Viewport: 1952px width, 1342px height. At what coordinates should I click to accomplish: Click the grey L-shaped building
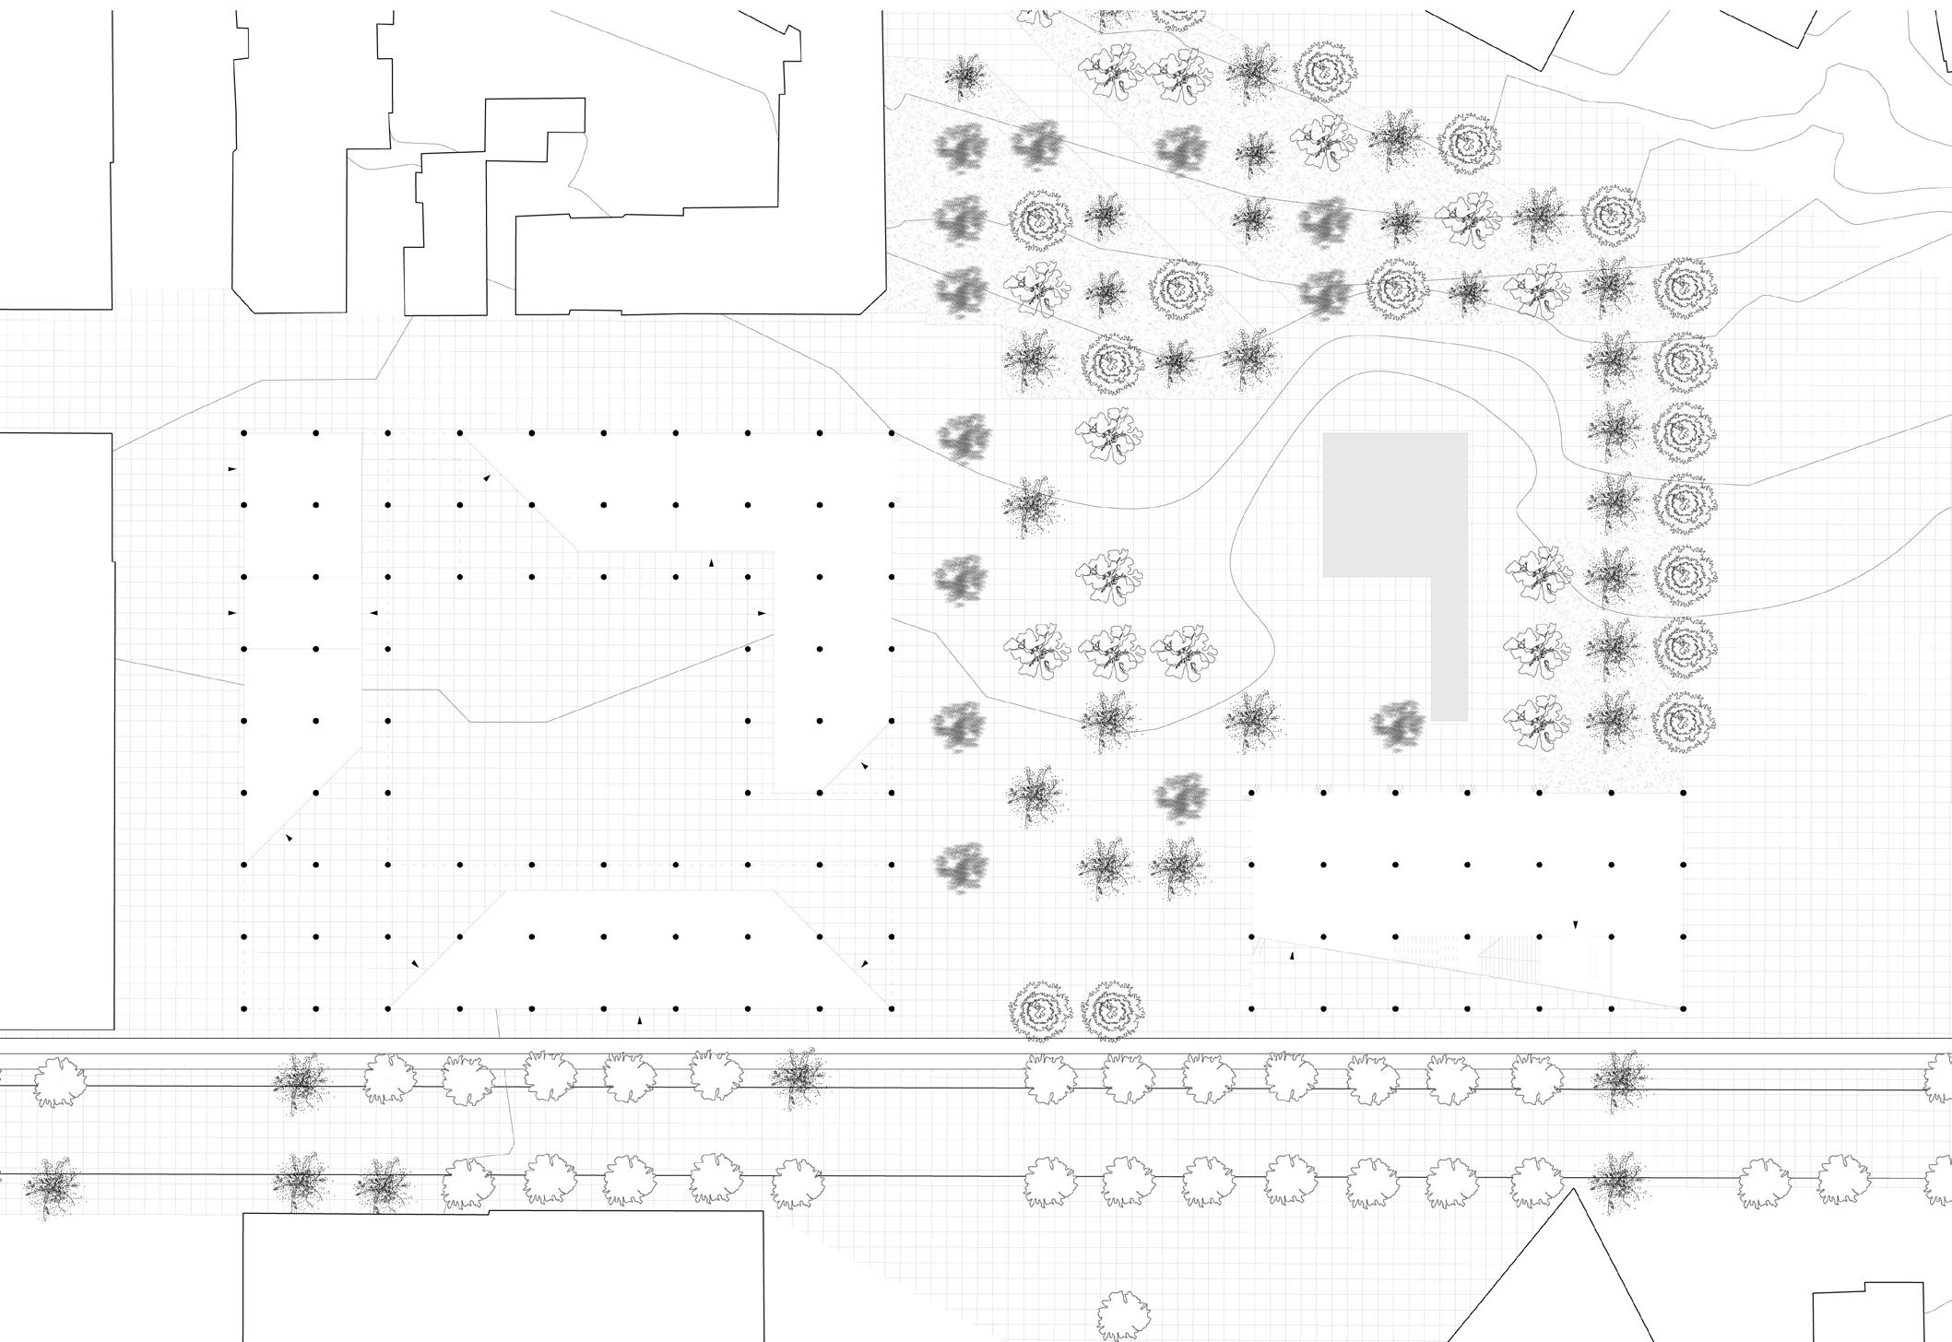tap(1394, 505)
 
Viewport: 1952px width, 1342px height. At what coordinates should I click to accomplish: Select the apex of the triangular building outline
tap(1573, 1191)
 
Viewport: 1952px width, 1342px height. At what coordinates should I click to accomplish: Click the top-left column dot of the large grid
tap(243, 432)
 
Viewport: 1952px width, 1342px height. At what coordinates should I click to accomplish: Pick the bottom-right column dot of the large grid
tap(892, 1009)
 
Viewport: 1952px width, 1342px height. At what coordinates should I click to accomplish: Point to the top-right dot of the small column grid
tap(1684, 793)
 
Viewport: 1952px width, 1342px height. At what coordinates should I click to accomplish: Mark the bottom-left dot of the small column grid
tap(1251, 1009)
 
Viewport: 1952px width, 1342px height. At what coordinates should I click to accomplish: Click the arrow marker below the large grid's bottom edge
tap(640, 1021)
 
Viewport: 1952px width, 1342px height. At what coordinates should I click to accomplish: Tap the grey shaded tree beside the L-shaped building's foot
tap(1399, 724)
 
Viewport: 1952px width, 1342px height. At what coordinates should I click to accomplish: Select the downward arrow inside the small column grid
tap(1575, 924)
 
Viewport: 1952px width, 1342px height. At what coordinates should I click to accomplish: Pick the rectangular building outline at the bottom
tap(503, 1277)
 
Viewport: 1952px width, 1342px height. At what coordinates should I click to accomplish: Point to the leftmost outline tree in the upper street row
tap(60, 1080)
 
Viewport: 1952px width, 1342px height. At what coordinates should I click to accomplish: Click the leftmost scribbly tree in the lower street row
tap(53, 1184)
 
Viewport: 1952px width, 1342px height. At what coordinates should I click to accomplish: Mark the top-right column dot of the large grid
tap(892, 432)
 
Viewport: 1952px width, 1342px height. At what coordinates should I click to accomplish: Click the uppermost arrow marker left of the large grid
tap(231, 469)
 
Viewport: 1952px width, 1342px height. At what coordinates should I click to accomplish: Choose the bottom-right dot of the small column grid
tap(1684, 1009)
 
